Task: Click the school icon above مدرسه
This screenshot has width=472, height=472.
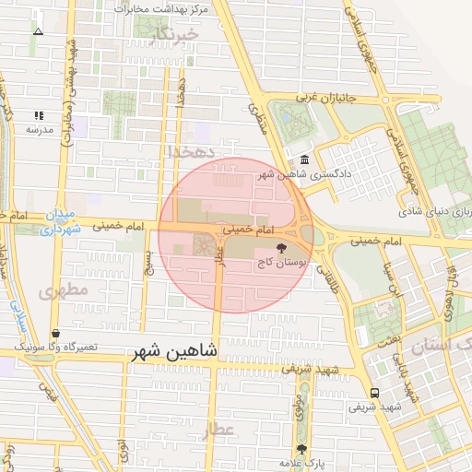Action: [x=40, y=116]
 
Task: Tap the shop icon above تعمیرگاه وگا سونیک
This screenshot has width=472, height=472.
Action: [x=56, y=333]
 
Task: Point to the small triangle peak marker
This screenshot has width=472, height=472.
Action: [x=38, y=31]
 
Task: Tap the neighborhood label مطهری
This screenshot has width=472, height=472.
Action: [x=62, y=291]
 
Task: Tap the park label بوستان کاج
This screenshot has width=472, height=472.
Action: [x=282, y=263]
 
